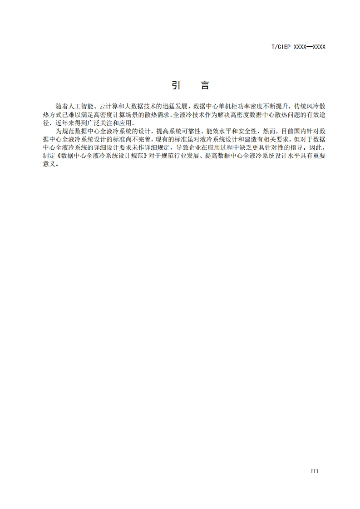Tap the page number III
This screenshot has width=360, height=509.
coord(315,471)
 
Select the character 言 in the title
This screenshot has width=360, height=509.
coord(205,85)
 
